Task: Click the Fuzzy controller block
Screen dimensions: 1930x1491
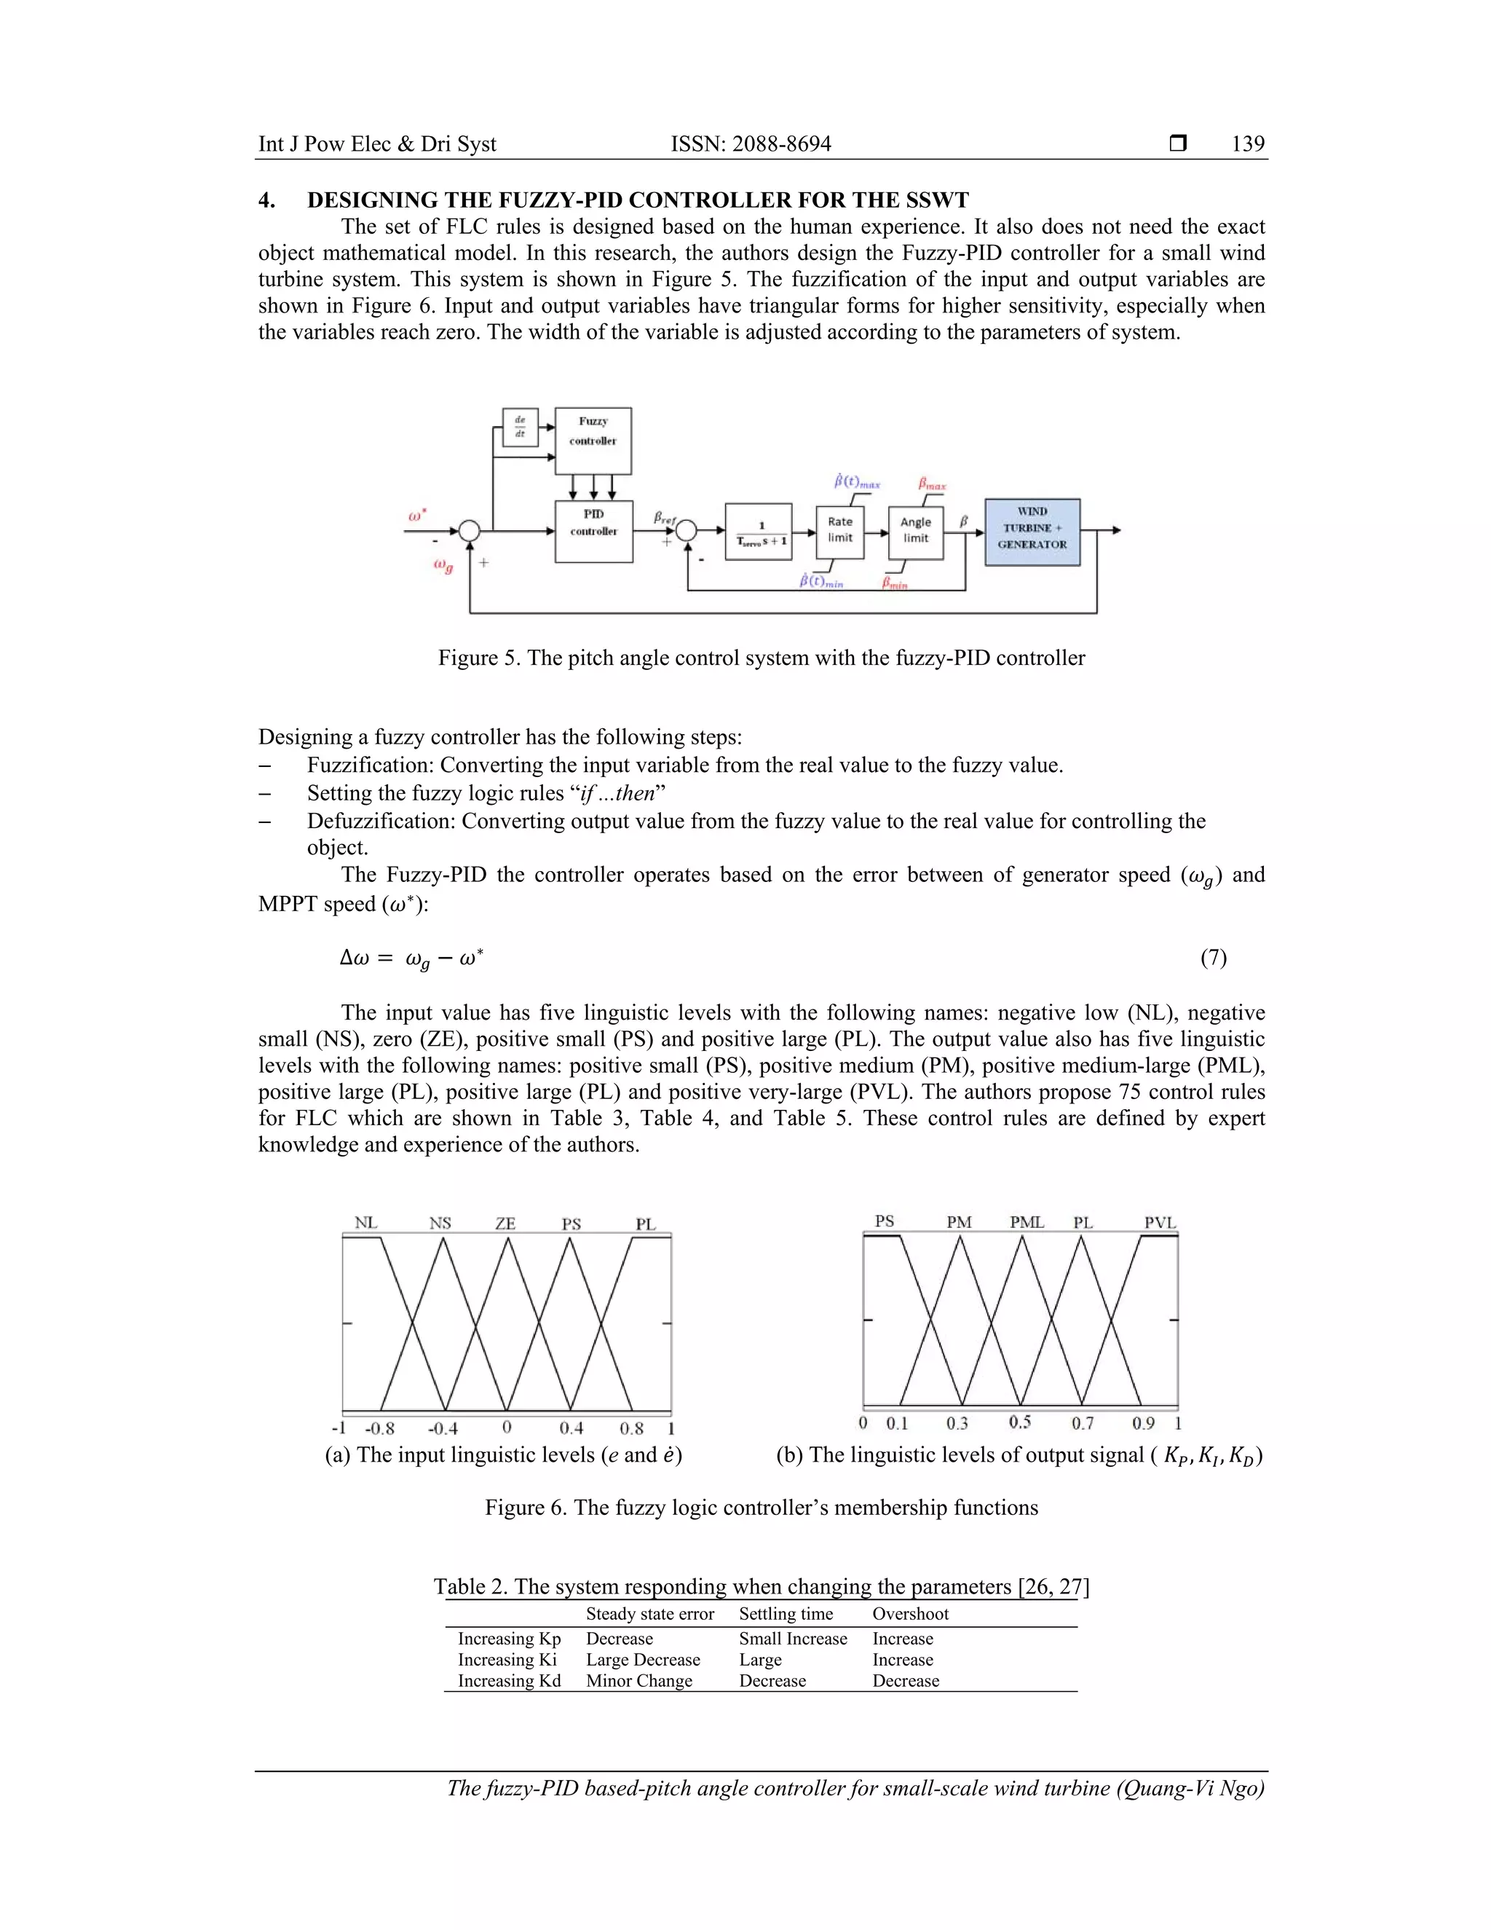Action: [x=593, y=440]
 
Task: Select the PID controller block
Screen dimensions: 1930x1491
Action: [x=593, y=530]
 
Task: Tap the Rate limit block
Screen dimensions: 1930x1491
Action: [x=839, y=530]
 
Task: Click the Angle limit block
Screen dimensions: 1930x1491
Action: [x=915, y=531]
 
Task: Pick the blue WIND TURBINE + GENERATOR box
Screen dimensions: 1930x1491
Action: [x=1032, y=531]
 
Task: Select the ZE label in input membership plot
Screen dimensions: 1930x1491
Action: [x=505, y=1223]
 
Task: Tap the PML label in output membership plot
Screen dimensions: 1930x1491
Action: [x=1027, y=1222]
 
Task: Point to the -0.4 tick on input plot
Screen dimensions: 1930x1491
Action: [x=443, y=1428]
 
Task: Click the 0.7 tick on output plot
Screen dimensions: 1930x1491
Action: [x=1082, y=1423]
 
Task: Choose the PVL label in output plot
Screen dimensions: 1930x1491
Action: [x=1160, y=1222]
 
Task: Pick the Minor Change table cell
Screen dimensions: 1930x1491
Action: [x=638, y=1681]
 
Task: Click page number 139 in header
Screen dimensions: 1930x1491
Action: [x=1247, y=144]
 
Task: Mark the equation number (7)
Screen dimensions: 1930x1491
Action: [x=1213, y=957]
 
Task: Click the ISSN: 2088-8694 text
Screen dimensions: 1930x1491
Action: [x=750, y=144]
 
